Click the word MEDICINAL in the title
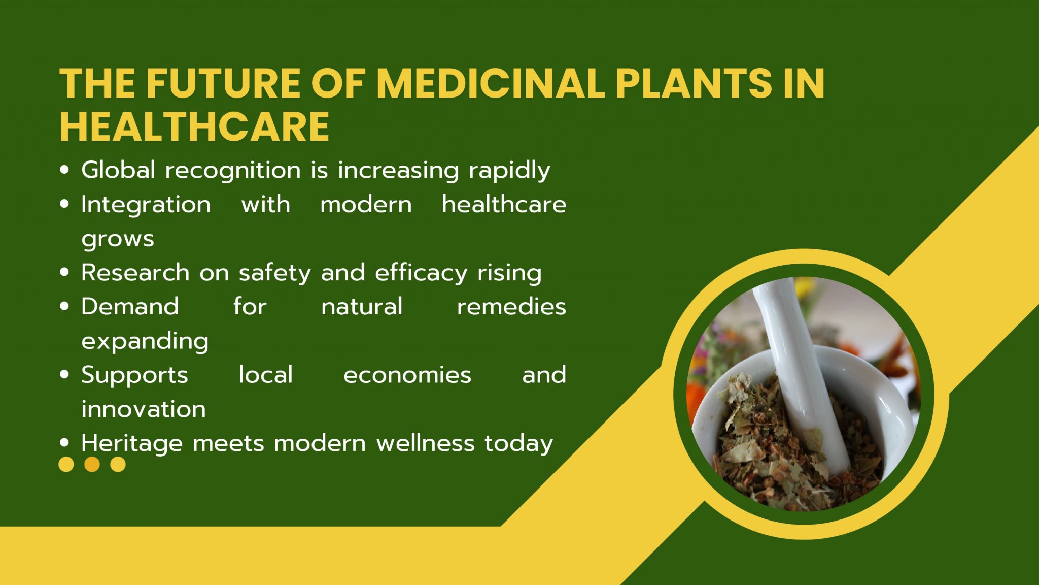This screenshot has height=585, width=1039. [491, 83]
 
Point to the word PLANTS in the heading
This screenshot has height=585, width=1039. [694, 83]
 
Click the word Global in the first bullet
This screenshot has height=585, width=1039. [118, 170]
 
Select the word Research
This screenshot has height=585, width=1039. [135, 273]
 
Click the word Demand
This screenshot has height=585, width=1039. [130, 307]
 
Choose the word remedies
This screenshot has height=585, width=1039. [511, 307]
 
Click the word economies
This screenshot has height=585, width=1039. [407, 375]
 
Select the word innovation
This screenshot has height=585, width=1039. [144, 409]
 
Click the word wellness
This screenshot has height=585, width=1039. [426, 443]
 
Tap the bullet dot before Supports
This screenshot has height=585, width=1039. [64, 375]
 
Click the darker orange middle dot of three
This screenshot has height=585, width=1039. [92, 464]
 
